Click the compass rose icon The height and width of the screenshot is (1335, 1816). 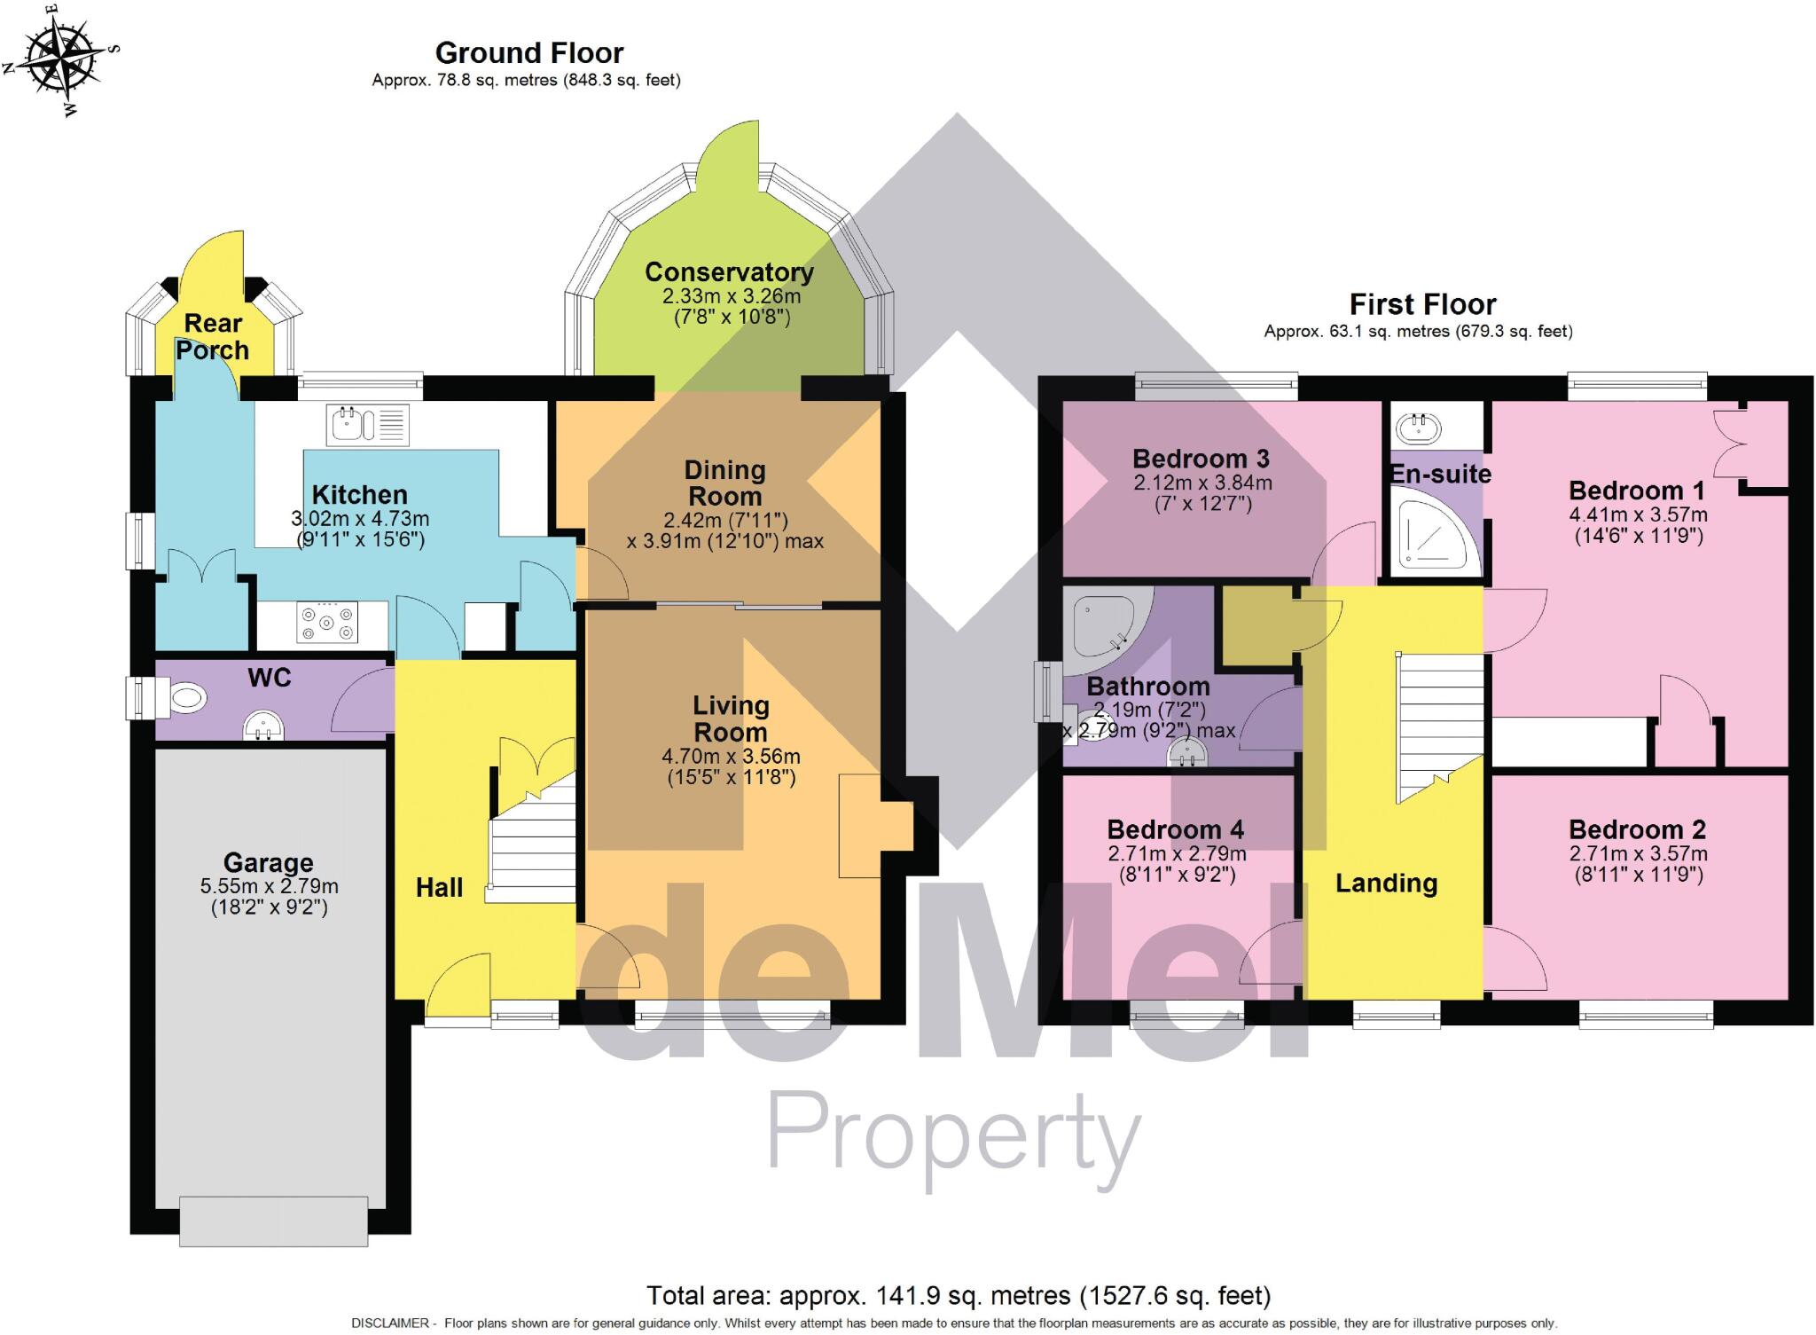pos(60,59)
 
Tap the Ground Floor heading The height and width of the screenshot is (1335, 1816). pos(529,53)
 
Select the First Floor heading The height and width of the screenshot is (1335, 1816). pos(1422,305)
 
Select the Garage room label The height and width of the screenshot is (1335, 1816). pos(268,863)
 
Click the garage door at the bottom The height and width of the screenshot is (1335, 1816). pos(273,1221)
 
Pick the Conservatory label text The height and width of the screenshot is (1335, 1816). pos(729,272)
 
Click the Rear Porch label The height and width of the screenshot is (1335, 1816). pos(213,337)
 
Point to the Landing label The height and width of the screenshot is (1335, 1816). pos(1386,883)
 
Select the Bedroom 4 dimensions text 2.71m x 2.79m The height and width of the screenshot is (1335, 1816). pos(1176,854)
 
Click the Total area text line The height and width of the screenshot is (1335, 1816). pos(959,1296)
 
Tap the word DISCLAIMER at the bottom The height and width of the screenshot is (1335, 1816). pos(390,1323)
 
